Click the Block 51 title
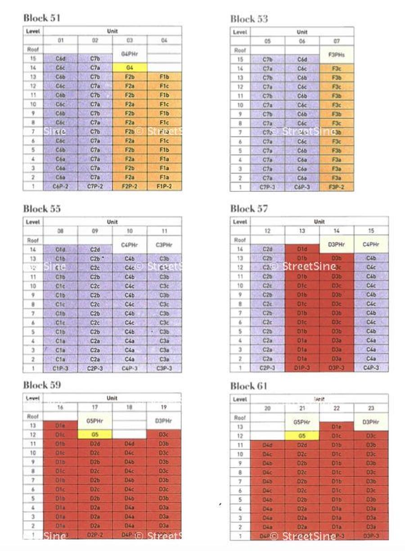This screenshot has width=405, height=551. (41, 18)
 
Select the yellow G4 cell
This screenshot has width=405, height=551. (130, 68)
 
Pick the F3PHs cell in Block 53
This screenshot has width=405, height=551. (337, 54)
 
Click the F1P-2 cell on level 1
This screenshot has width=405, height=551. (164, 186)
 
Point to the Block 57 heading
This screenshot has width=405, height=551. (249, 208)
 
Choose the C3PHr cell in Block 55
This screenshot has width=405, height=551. (164, 244)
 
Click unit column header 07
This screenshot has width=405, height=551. (337, 41)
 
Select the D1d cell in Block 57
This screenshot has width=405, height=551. (302, 249)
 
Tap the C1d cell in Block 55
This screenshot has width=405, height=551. (61, 249)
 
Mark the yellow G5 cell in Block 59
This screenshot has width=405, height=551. (95, 434)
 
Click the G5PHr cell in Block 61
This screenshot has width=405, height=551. (302, 422)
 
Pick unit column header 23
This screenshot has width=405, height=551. (371, 408)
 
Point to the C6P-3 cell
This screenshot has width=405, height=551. (302, 186)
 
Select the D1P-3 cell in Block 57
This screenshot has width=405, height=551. (302, 368)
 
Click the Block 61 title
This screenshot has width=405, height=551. (249, 386)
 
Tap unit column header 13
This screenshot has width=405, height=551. (302, 231)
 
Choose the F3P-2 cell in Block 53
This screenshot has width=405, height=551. (337, 186)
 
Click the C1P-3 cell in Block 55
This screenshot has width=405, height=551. (61, 368)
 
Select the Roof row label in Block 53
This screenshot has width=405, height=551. (240, 50)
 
